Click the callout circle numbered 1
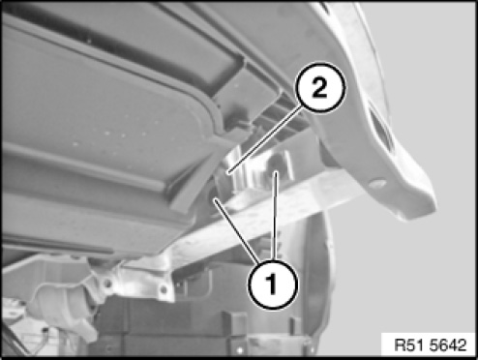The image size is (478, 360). click(273, 284)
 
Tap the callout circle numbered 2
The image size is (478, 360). click(320, 87)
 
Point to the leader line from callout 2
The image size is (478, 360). click(265, 140)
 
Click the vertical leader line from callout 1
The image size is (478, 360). click(275, 215)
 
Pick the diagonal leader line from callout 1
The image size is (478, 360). click(237, 230)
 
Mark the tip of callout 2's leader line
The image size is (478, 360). click(227, 174)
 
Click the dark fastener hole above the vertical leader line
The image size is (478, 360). click(276, 162)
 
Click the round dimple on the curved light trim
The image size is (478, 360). click(377, 184)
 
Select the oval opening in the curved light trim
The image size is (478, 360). click(382, 134)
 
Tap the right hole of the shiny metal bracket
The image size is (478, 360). click(164, 289)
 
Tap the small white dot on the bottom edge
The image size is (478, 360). click(239, 350)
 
